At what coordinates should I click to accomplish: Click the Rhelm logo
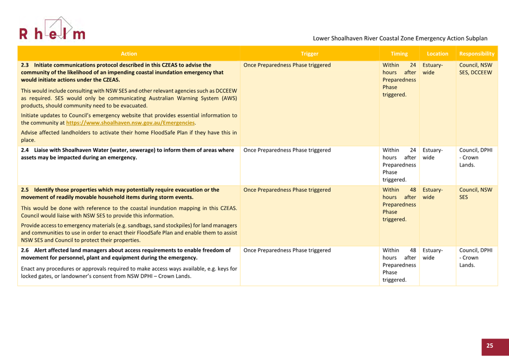[52, 30]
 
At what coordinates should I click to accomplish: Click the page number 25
[490, 345]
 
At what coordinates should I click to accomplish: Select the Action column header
[129, 54]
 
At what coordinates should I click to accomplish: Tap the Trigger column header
[309, 54]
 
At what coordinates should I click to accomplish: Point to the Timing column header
[399, 54]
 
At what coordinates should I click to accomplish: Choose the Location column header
[437, 54]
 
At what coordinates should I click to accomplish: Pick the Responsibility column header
[477, 54]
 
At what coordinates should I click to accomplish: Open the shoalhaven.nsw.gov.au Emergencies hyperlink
[130, 123]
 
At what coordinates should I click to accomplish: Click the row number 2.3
[25, 65]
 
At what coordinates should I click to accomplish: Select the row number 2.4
[25, 150]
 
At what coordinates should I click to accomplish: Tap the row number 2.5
[25, 190]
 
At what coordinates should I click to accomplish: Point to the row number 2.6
[25, 250]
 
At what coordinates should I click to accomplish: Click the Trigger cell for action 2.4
[287, 150]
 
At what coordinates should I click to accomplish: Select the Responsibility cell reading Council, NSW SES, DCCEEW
[476, 69]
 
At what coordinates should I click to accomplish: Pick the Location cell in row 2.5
[433, 193]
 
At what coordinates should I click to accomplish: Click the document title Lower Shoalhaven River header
[400, 38]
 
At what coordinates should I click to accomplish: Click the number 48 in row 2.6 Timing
[413, 250]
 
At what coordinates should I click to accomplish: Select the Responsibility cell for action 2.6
[476, 258]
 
